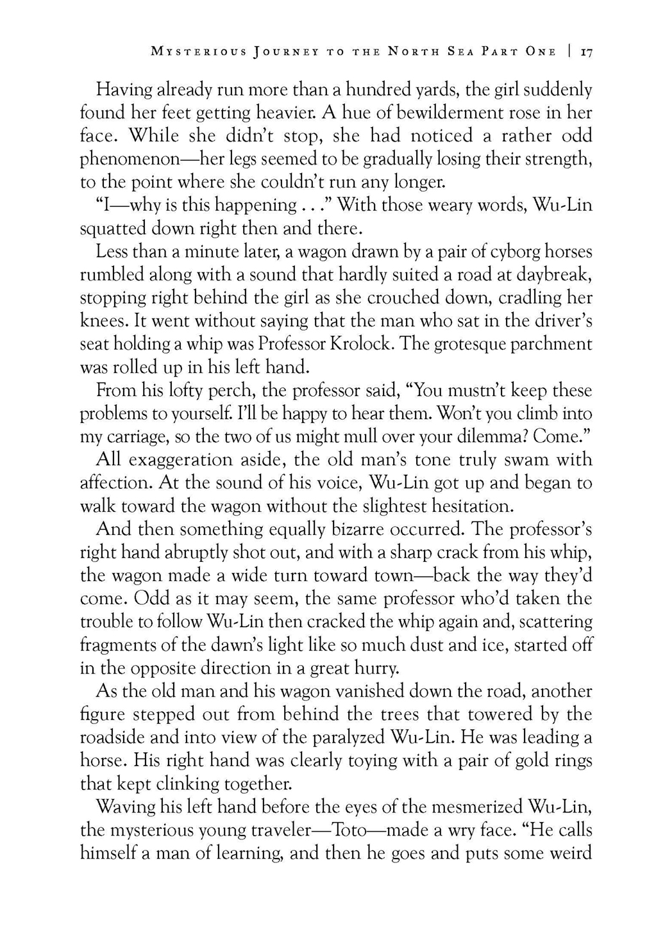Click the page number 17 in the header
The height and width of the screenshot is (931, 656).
pyautogui.click(x=586, y=52)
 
